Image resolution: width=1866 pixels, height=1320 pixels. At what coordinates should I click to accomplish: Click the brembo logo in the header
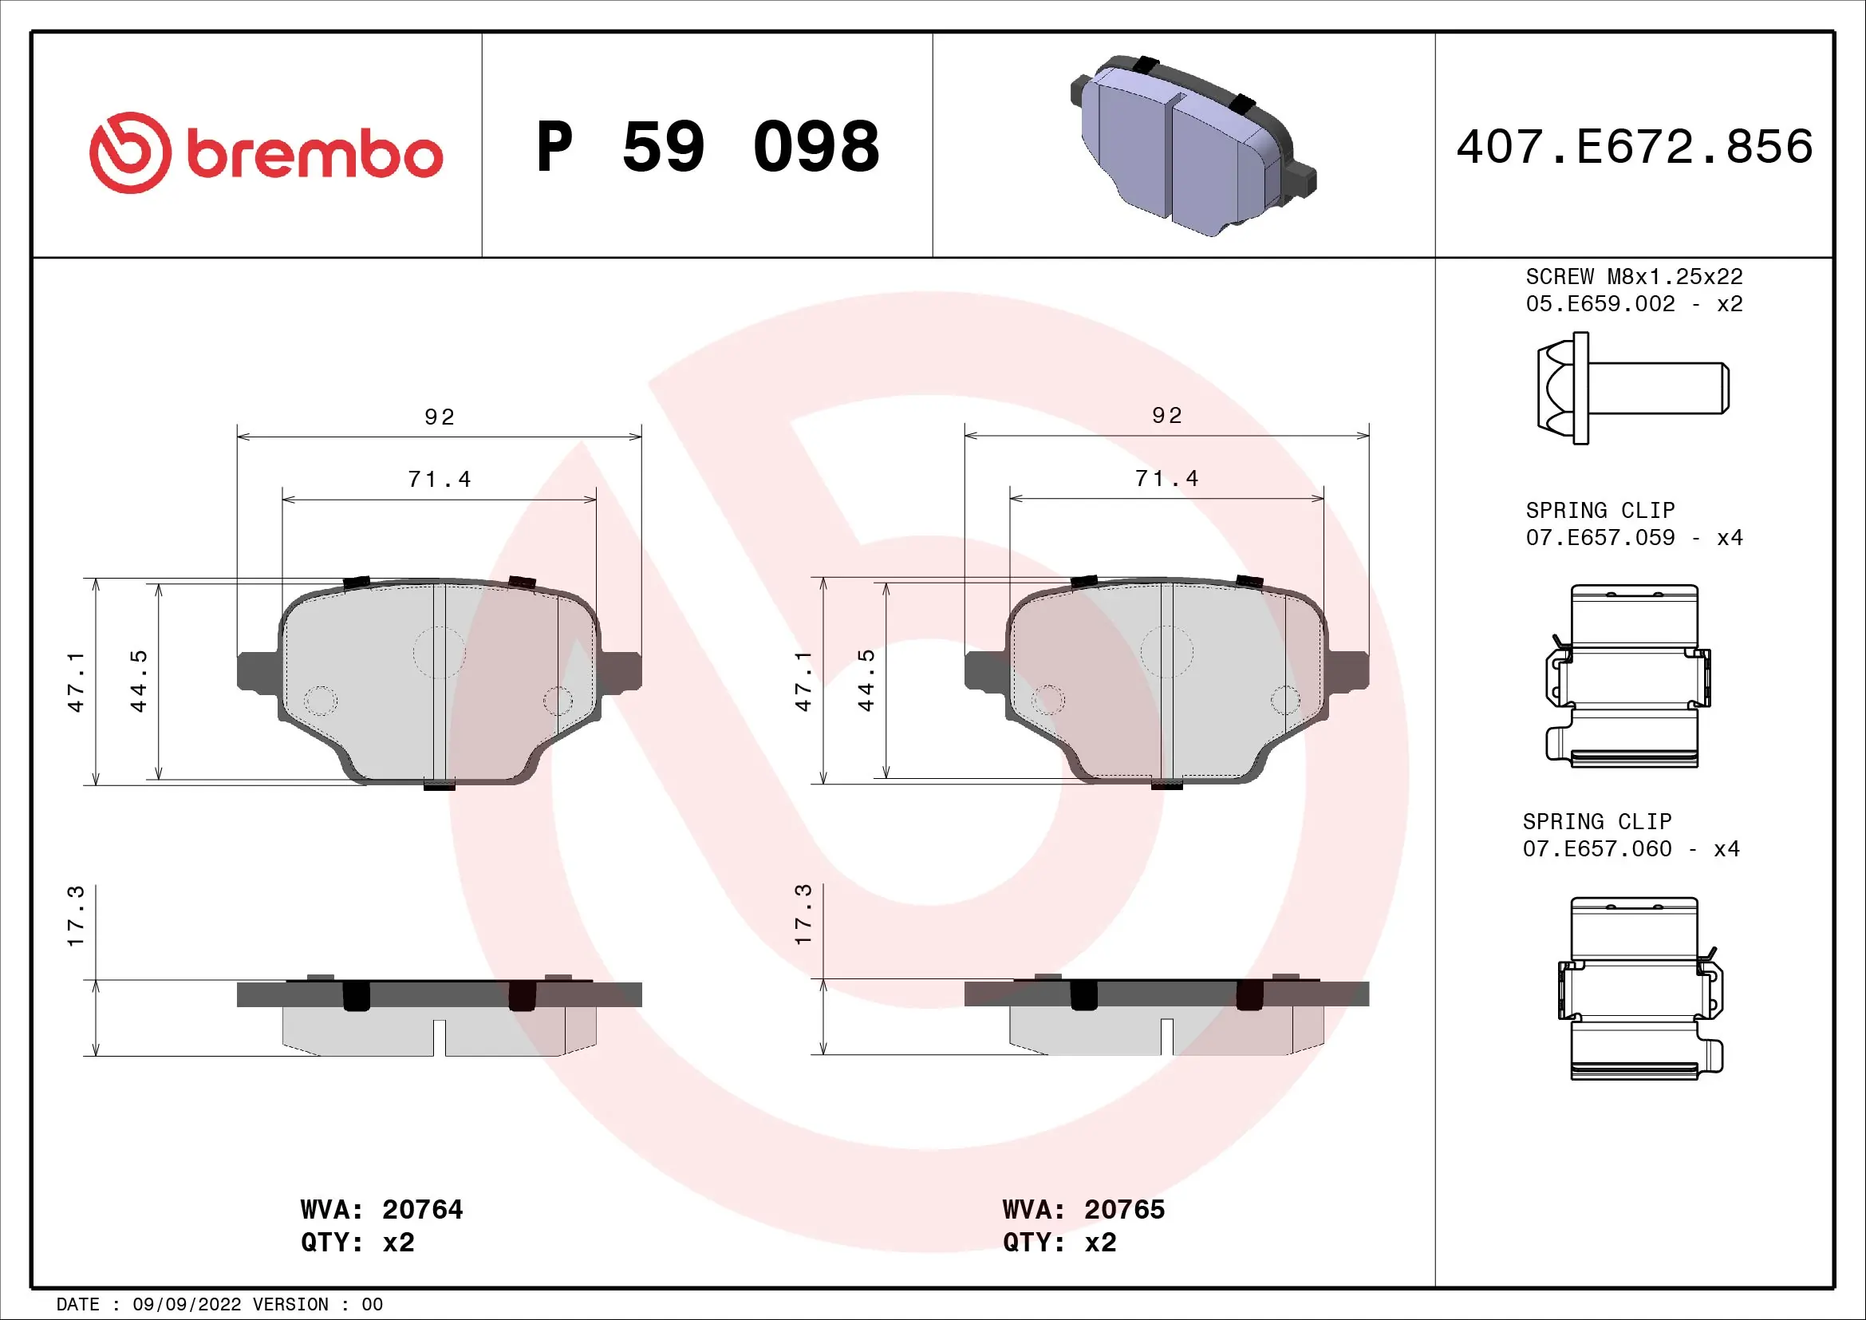pyautogui.click(x=266, y=152)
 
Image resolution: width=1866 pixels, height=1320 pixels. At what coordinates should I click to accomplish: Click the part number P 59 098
pyautogui.click(x=707, y=147)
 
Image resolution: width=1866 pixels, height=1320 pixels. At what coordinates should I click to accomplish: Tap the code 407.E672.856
pyautogui.click(x=1634, y=147)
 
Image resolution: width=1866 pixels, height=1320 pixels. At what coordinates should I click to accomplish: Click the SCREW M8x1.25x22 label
pyautogui.click(x=1634, y=277)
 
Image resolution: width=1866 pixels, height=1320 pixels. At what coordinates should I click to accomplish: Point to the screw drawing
pyautogui.click(x=1632, y=388)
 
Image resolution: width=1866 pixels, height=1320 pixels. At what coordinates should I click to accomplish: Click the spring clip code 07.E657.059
pyautogui.click(x=1600, y=537)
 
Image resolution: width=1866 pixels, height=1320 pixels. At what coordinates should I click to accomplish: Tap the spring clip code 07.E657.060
pyautogui.click(x=1596, y=848)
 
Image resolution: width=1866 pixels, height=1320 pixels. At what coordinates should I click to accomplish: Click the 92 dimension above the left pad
pyautogui.click(x=439, y=417)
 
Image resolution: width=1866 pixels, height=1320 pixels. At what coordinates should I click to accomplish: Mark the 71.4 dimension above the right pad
pyautogui.click(x=1166, y=479)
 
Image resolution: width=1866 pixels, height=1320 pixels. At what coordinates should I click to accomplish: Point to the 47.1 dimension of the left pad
pyautogui.click(x=76, y=681)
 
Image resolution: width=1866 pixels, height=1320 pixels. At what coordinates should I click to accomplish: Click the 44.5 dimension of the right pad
pyautogui.click(x=866, y=681)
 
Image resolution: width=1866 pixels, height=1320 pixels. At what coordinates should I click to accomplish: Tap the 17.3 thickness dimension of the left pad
pyautogui.click(x=76, y=916)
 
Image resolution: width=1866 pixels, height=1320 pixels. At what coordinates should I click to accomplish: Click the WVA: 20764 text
pyautogui.click(x=381, y=1209)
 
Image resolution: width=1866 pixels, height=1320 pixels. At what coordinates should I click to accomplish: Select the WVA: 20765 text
pyautogui.click(x=1083, y=1209)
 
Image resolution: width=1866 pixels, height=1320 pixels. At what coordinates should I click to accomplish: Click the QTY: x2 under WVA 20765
pyautogui.click(x=1059, y=1243)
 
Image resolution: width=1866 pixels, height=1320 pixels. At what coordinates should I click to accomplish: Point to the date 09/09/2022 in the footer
pyautogui.click(x=186, y=1305)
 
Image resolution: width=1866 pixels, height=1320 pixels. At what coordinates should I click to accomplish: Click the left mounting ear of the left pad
pyautogui.click(x=257, y=671)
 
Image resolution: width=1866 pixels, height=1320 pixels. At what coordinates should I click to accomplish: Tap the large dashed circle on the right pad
pyautogui.click(x=1166, y=652)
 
